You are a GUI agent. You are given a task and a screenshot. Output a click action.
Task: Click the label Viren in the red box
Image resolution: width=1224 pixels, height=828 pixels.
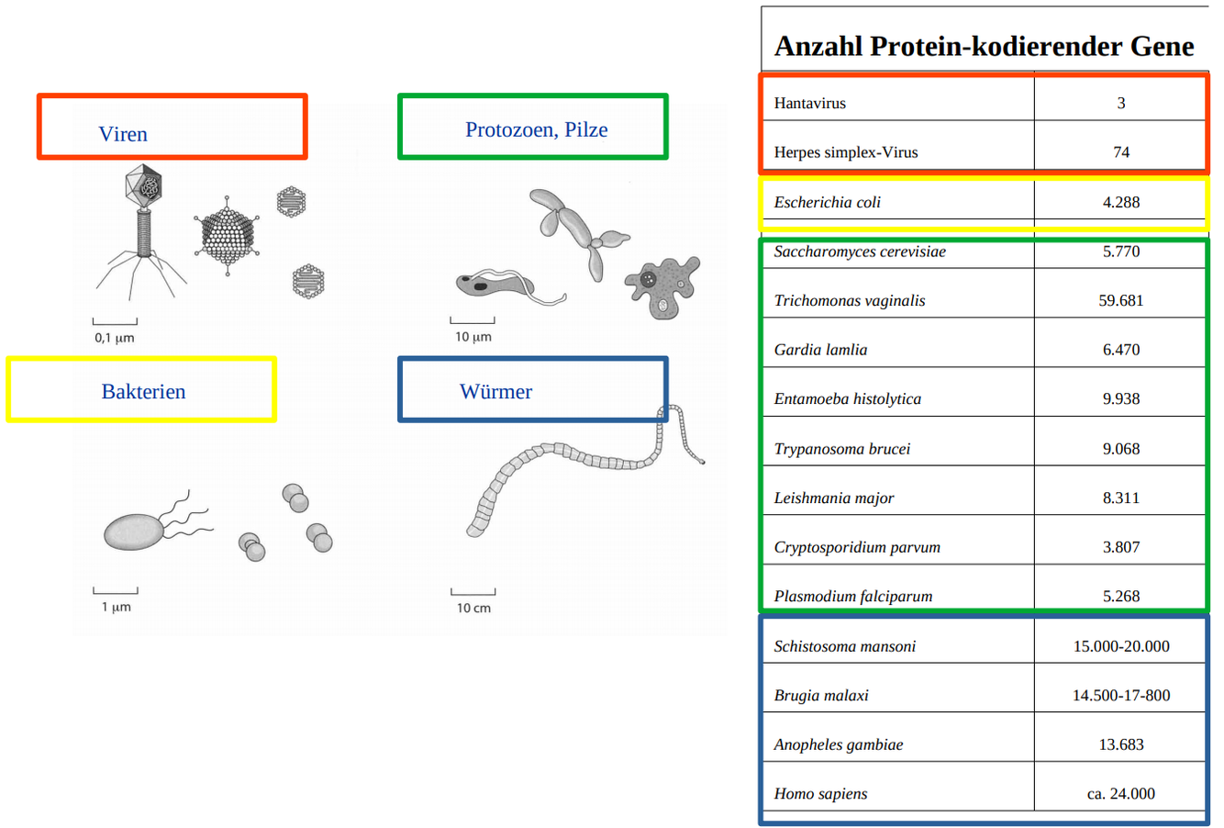(x=123, y=134)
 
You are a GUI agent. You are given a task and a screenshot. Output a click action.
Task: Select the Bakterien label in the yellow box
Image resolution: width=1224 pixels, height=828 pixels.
(x=143, y=392)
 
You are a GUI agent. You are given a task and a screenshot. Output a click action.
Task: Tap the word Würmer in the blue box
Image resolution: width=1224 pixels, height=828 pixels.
(x=495, y=392)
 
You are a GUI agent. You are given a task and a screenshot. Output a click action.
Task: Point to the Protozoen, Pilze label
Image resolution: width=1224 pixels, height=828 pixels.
(x=536, y=129)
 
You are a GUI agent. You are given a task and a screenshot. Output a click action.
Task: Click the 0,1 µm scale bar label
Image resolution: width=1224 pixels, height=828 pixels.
(x=115, y=338)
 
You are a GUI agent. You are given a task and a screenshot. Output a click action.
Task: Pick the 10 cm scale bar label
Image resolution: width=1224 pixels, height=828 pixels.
(x=473, y=608)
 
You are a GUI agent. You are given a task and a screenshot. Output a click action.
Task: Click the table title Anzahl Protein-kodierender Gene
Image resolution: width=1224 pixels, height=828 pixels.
(x=984, y=46)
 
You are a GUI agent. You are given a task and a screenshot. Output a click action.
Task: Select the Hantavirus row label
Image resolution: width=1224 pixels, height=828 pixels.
(x=809, y=103)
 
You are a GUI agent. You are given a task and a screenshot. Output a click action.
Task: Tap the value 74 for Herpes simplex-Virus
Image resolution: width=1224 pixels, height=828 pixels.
(x=1120, y=152)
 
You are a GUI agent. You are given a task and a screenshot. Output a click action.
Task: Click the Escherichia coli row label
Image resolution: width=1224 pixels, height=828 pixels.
(x=827, y=202)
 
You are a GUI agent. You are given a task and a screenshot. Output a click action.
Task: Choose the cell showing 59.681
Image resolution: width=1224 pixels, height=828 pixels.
(x=1120, y=300)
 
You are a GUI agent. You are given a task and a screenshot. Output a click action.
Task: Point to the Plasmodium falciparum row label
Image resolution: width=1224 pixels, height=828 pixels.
(x=852, y=596)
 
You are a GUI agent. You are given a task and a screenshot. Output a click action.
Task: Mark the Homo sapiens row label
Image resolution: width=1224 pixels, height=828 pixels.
(x=820, y=793)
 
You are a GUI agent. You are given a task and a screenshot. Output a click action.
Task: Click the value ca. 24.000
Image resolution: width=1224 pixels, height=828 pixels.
(x=1120, y=793)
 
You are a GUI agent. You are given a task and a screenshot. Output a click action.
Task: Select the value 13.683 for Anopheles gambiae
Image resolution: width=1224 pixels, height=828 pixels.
(x=1120, y=744)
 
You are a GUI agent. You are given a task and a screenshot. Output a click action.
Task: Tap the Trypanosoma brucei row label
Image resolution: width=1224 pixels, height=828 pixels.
(x=841, y=449)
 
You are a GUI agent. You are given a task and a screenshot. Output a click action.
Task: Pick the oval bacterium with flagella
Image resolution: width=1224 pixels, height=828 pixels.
(x=135, y=531)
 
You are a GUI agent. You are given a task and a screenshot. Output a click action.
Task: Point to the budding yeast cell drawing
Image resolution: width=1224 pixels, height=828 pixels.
(x=578, y=229)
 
